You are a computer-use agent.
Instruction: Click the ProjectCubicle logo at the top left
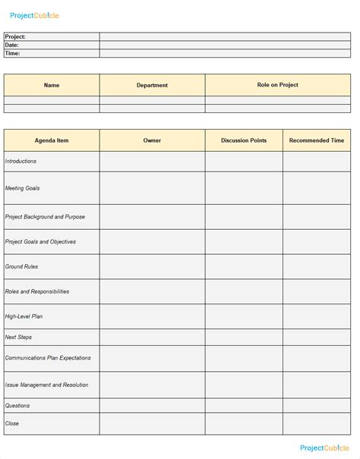34,15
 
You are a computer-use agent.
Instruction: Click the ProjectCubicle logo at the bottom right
326,448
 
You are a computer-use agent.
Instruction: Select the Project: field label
16,36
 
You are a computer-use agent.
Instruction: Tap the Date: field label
12,45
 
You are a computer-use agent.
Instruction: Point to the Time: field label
12,53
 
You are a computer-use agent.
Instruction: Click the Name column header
52,85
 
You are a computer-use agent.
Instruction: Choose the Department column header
152,85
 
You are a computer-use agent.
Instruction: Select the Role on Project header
277,85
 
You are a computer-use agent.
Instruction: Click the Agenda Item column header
52,140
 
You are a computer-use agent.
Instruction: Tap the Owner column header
152,140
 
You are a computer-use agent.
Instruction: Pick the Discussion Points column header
244,140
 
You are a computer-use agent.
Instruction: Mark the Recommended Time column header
317,140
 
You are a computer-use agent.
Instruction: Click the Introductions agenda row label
21,161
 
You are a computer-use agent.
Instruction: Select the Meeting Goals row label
23,187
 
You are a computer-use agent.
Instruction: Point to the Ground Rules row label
22,266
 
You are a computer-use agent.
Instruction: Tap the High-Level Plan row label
24,316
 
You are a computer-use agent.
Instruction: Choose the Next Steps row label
19,337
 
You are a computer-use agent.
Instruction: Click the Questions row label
18,405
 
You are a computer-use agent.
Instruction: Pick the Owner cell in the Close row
152,423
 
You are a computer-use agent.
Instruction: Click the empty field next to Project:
225,36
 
